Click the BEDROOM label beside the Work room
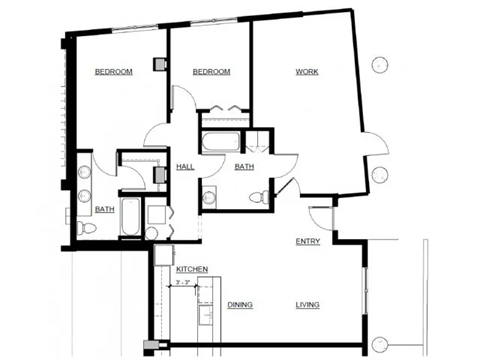[x=211, y=72]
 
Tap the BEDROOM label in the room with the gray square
[x=114, y=72]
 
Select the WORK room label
[x=306, y=72]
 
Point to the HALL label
[x=185, y=166]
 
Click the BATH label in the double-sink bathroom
[x=104, y=209]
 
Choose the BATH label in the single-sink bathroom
[x=244, y=167]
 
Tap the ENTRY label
[x=307, y=243]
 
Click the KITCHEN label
[x=191, y=270]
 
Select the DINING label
[x=240, y=304]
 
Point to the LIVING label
[x=307, y=304]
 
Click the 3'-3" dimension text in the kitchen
[x=183, y=283]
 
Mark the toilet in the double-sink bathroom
[x=88, y=229]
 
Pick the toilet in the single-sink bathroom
[x=263, y=194]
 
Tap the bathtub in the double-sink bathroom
[x=131, y=218]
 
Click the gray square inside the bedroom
[x=158, y=63]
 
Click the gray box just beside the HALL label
[x=160, y=173]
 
